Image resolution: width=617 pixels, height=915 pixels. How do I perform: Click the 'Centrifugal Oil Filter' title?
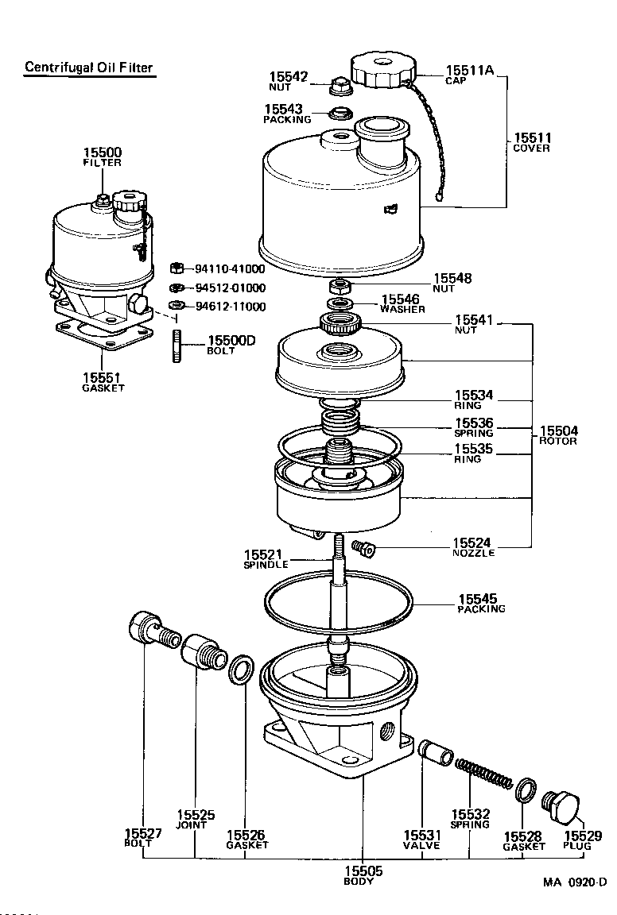coord(88,68)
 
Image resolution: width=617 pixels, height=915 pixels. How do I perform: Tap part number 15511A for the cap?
coord(469,71)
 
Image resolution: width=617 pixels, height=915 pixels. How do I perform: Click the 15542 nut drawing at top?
coord(338,83)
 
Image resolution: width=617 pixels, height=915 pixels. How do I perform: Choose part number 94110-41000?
coord(230,269)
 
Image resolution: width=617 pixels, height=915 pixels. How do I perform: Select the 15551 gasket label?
coord(103,383)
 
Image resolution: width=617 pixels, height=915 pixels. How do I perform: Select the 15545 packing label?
coord(481,603)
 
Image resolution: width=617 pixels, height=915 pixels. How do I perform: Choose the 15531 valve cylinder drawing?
coord(437,751)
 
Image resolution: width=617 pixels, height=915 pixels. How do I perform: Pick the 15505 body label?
coord(363,875)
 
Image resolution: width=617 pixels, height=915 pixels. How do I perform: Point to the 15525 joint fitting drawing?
coord(201,654)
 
